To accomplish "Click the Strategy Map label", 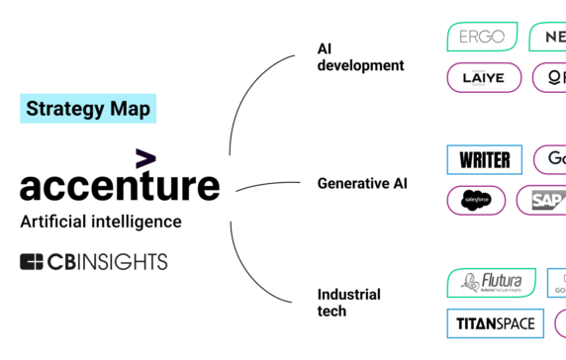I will tap(88, 109).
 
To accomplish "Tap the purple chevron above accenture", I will tap(145, 158).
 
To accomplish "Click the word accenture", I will tap(120, 185).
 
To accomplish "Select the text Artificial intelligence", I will tap(101, 222).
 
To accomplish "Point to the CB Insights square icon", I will tap(32, 262).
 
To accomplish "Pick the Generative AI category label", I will tap(362, 183).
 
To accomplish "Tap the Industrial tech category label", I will tap(348, 303).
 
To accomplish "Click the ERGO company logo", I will tap(482, 38).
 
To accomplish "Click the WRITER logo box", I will tap(485, 159).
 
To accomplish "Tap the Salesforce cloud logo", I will tap(476, 200).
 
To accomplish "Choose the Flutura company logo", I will tap(491, 283).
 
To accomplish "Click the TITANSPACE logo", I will tap(495, 323).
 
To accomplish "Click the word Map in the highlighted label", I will tap(131, 109).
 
